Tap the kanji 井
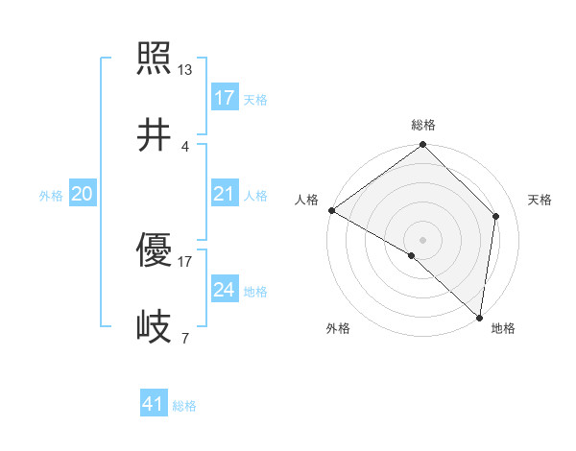coord(154,134)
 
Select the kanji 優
coord(154,253)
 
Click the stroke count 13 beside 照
coord(185,69)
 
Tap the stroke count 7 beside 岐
coord(185,338)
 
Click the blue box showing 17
coord(224,98)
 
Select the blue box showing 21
coord(224,195)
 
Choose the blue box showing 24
coord(224,291)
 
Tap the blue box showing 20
coord(83,195)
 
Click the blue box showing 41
coord(154,405)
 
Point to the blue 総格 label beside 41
coord(184,406)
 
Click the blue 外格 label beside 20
coord(51,196)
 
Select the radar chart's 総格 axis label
coord(423,125)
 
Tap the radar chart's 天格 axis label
coord(540,200)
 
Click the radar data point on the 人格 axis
coord(331,210)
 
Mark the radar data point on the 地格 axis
coord(479,317)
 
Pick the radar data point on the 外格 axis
coord(412,255)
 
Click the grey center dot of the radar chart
coord(423,239)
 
